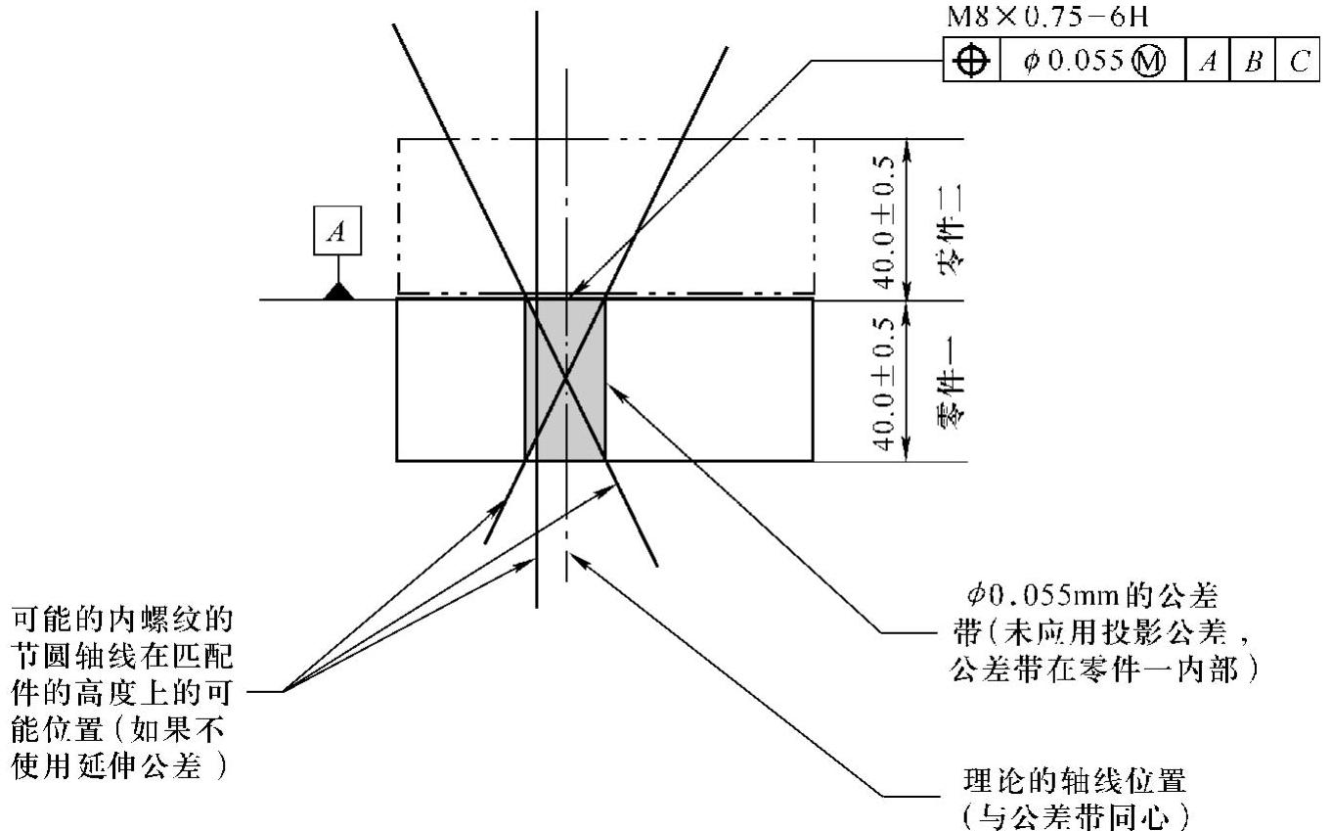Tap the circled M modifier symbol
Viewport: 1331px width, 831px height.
point(1149,62)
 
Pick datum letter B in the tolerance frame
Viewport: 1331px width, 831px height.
point(1253,62)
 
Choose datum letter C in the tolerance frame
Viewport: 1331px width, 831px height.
point(1299,62)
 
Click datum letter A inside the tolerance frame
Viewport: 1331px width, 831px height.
point(1208,62)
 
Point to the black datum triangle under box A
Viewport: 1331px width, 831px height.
point(338,291)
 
